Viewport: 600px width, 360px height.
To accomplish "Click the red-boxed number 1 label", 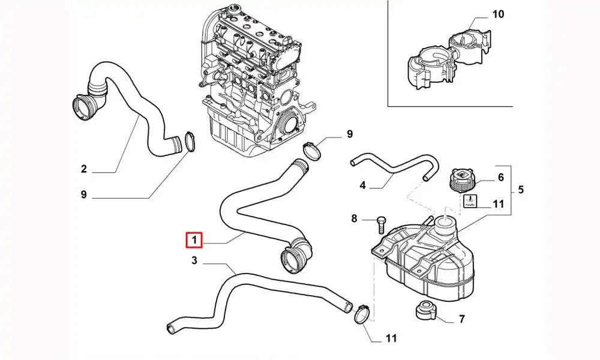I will (194, 240).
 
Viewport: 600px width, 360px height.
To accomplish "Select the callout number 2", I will (84, 170).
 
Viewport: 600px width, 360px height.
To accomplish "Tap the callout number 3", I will (194, 260).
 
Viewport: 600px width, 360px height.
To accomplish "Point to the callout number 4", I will (362, 185).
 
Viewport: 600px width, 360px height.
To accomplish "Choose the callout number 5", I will (521, 190).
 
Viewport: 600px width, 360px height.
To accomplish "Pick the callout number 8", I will (354, 219).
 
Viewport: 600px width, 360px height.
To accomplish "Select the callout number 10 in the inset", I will (498, 14).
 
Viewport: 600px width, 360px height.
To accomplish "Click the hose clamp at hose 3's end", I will (362, 313).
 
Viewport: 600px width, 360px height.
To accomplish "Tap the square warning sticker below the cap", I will (470, 202).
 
